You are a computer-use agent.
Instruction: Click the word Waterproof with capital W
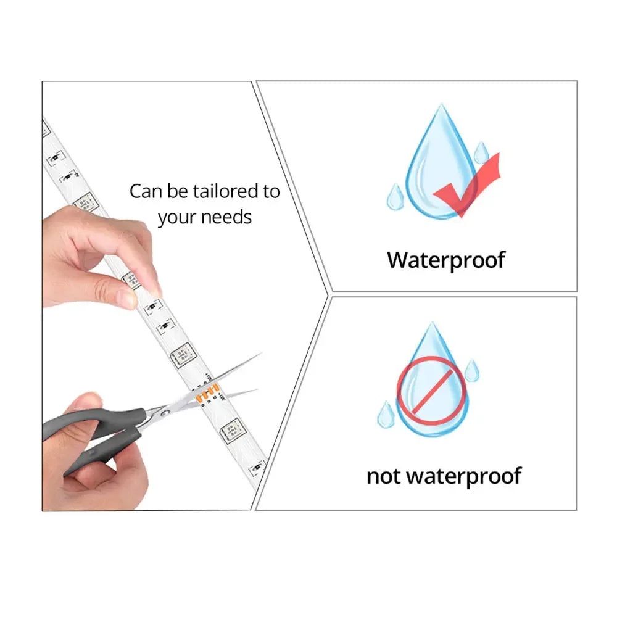coord(446,260)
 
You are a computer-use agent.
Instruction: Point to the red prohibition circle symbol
coord(432,391)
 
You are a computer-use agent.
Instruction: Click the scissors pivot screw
coord(165,413)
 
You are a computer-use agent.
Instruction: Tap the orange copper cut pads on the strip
coord(207,393)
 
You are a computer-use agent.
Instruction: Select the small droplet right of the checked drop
coord(481,153)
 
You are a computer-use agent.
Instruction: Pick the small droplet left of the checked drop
coord(395,196)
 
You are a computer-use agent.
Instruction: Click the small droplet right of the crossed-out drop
coord(472,370)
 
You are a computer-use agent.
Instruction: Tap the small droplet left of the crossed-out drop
coord(386,415)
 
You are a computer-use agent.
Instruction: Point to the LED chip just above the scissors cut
coord(183,355)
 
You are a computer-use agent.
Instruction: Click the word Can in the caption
coord(146,191)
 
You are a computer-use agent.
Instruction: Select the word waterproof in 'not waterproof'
coord(463,476)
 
